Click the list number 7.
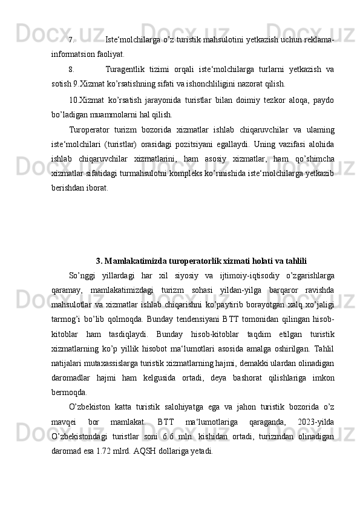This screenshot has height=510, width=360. point(71,41)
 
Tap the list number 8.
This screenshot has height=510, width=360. point(71,70)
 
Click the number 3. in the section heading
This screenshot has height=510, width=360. point(99,244)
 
